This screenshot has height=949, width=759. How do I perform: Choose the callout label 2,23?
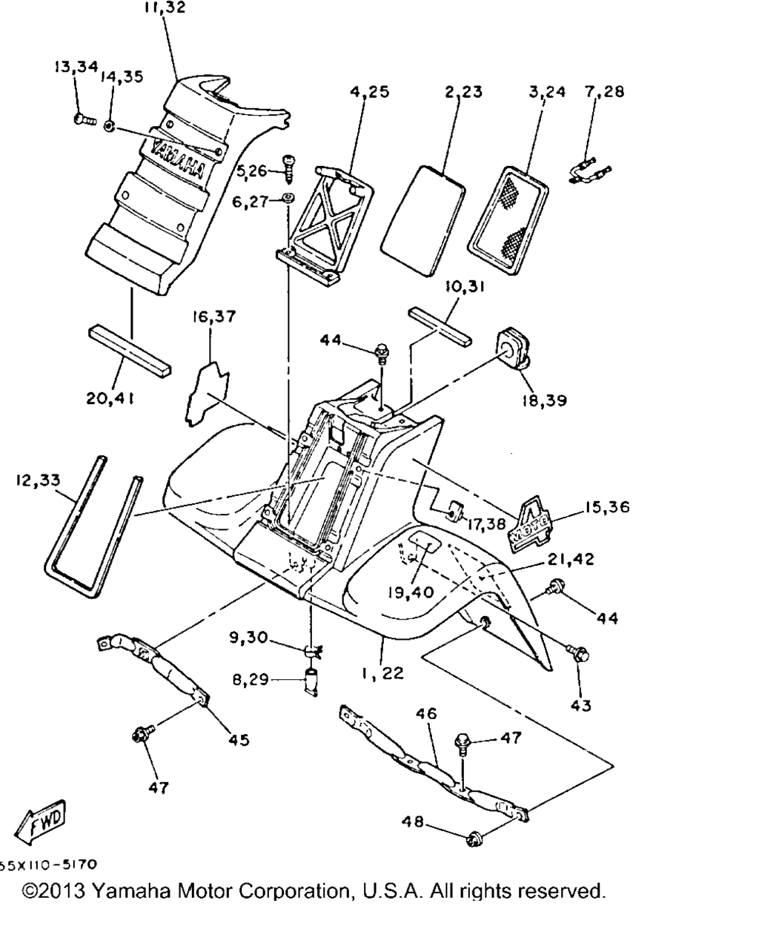pyautogui.click(x=463, y=92)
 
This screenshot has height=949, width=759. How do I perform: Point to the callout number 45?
pyautogui.click(x=239, y=739)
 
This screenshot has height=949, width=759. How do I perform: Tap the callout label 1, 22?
pyautogui.click(x=383, y=672)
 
